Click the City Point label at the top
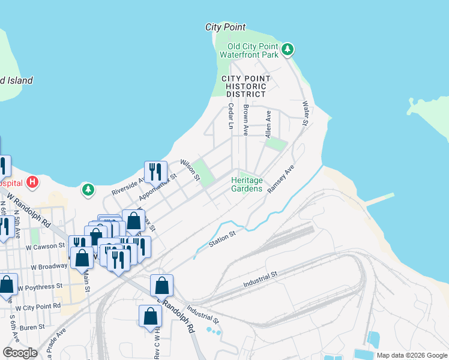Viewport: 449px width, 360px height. (x=225, y=27)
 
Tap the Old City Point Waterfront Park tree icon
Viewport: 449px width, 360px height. (x=288, y=49)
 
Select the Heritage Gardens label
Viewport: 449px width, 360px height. (x=247, y=184)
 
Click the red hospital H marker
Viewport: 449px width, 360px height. (x=33, y=181)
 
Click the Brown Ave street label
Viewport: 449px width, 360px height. (x=246, y=119)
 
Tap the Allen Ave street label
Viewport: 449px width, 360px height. (x=268, y=123)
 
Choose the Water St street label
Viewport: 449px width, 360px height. (x=306, y=113)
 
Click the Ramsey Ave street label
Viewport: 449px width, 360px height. (x=281, y=178)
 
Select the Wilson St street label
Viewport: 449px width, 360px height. (x=190, y=169)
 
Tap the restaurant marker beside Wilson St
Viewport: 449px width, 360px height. (x=155, y=172)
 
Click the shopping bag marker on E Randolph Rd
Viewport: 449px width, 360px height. (x=161, y=286)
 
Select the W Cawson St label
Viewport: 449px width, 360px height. (x=44, y=246)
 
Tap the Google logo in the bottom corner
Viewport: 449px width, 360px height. (x=20, y=353)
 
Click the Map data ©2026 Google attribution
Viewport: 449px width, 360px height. (x=412, y=355)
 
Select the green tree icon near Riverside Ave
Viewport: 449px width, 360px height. (x=89, y=190)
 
